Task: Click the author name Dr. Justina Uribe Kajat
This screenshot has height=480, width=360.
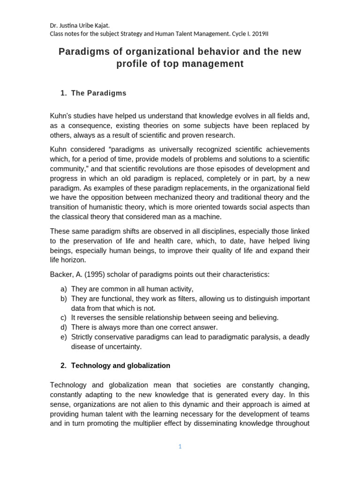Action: click(80, 25)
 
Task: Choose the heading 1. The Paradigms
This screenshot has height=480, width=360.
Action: click(94, 93)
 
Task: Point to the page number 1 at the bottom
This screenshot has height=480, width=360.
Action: click(180, 447)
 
